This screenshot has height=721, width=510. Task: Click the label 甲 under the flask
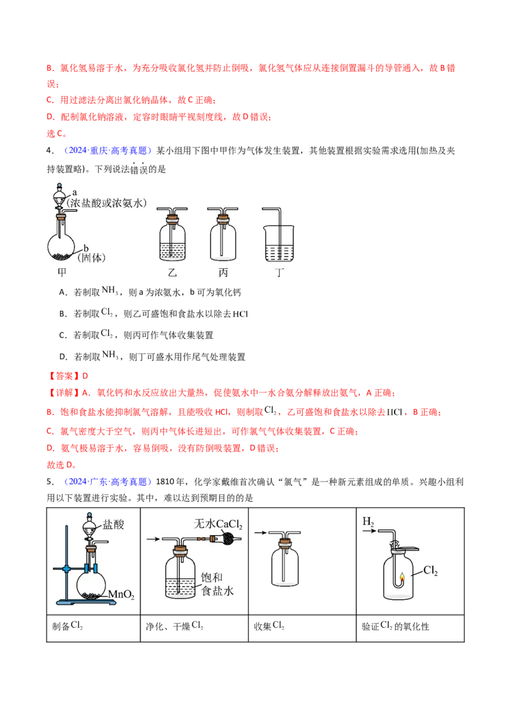[x=62, y=272]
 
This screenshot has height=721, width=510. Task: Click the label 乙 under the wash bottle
[x=173, y=272]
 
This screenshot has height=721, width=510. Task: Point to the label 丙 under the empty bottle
[x=223, y=272]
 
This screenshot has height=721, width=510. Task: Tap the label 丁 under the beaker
[x=279, y=272]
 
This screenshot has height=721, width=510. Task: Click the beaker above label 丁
[x=279, y=244]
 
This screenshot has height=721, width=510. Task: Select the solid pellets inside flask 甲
[x=61, y=255]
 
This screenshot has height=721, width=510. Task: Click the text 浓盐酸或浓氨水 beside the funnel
[x=107, y=203]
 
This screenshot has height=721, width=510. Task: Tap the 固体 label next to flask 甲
[x=92, y=258]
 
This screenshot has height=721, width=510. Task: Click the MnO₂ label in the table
[x=121, y=594]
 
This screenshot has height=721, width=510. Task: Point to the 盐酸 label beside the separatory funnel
[x=113, y=525]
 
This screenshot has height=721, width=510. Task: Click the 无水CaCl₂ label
[x=218, y=524]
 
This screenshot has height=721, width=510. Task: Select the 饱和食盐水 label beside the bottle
[x=217, y=584]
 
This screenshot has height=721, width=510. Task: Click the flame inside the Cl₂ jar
[x=402, y=578]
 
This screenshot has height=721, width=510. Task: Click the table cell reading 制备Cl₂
[x=94, y=627]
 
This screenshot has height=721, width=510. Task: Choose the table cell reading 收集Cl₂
[x=302, y=627]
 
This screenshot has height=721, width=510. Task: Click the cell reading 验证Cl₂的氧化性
[x=410, y=627]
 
